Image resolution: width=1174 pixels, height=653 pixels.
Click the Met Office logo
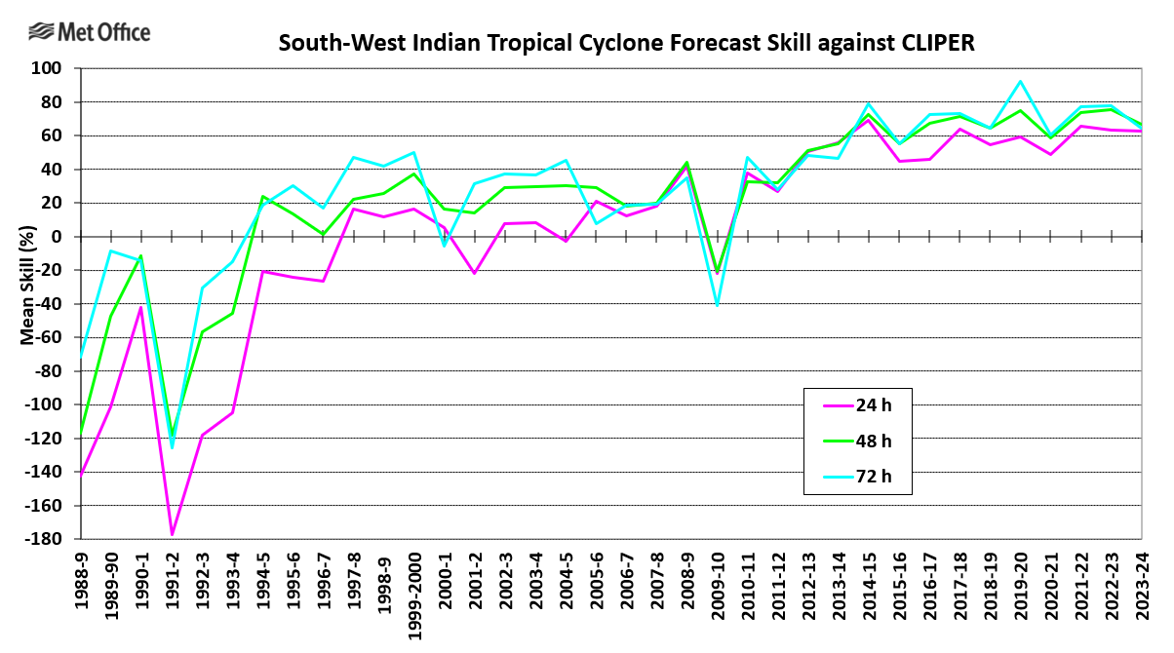[x=89, y=32]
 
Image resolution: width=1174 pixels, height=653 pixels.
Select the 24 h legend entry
[x=874, y=406]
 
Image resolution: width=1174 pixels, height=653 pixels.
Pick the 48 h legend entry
[x=874, y=441]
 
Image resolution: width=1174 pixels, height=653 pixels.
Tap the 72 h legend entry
[x=874, y=475]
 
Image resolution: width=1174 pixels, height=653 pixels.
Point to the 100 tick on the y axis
[x=50, y=69]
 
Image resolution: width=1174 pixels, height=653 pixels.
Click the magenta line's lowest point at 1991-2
[x=172, y=534]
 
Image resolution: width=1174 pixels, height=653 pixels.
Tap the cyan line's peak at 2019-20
[x=1020, y=82]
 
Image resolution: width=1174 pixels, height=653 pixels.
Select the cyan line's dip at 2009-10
[x=718, y=305]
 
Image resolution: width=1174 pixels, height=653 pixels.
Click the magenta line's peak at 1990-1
[x=141, y=308]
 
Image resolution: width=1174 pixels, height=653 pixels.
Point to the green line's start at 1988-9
[x=81, y=432]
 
